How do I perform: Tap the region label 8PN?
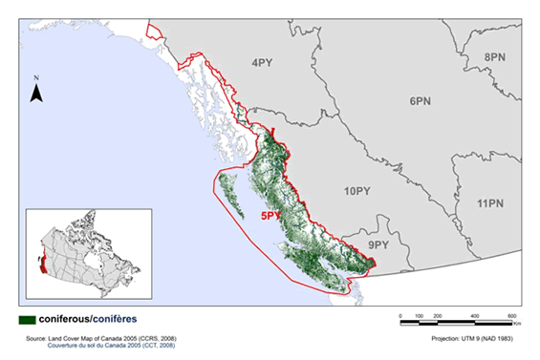pos(495,57)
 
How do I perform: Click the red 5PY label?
pos(270,216)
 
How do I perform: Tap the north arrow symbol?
pos(35,93)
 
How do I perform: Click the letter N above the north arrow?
pos(35,76)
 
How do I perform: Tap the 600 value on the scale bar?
pos(512,314)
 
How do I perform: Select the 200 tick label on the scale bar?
pos(438,314)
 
